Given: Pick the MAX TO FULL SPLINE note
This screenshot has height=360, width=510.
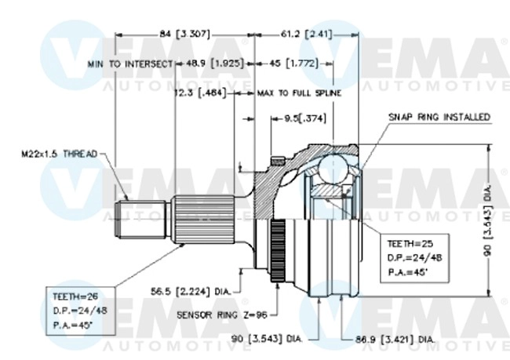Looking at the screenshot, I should click(299, 93).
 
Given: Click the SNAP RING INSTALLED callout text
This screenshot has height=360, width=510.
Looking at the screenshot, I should click(439, 117).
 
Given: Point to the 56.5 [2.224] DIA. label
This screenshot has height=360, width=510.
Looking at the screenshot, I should click(191, 291).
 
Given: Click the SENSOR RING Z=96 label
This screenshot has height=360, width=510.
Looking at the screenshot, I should click(220, 315).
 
